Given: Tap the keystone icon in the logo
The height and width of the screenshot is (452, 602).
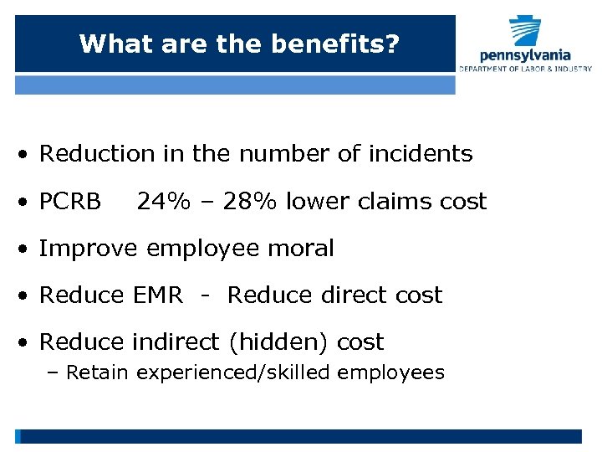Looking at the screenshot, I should [x=526, y=33].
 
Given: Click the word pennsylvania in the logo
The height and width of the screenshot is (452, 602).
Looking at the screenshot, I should [x=525, y=55].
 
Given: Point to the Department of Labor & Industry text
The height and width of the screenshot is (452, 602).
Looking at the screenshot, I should [x=525, y=69].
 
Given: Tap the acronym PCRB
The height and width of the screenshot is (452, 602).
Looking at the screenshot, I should [x=70, y=202].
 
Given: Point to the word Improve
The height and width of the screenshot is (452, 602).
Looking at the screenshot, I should [x=89, y=249].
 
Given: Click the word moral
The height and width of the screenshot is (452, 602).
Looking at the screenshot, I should [x=304, y=249].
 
